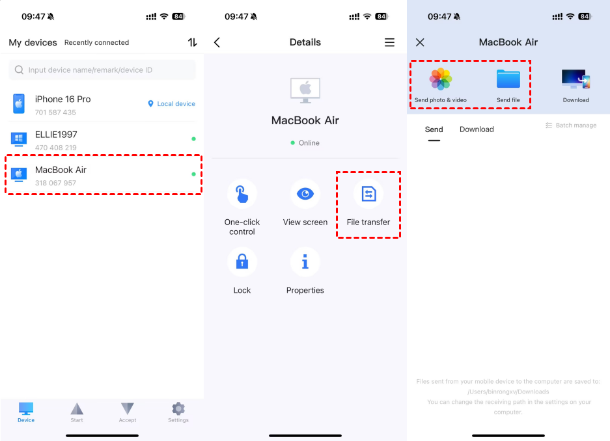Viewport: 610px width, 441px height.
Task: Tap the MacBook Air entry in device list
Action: [x=103, y=175]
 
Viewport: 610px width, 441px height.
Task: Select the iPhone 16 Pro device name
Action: [x=62, y=99]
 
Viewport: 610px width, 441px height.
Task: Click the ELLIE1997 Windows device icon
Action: [x=19, y=139]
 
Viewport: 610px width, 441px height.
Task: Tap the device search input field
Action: [x=102, y=70]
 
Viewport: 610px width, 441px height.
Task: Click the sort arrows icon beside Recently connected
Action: [x=192, y=42]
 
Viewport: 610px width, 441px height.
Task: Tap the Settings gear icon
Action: [x=178, y=408]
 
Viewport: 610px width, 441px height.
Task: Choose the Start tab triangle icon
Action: [x=77, y=408]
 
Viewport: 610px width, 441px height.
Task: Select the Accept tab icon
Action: [x=127, y=408]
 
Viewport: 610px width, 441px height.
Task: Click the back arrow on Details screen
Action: [x=217, y=42]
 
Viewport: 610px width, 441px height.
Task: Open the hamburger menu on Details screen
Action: [x=389, y=42]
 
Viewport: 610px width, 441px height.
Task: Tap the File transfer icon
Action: [x=368, y=193]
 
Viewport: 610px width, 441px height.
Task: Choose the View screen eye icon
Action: [x=305, y=193]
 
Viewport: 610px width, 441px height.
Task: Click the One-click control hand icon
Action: [x=242, y=193]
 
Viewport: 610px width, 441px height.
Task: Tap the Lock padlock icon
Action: [x=242, y=262]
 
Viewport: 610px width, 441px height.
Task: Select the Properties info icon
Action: [x=305, y=262]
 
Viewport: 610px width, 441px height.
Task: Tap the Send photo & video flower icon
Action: [x=440, y=79]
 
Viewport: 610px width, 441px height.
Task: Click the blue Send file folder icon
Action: [x=508, y=79]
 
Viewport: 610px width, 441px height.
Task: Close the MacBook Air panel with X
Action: [x=420, y=42]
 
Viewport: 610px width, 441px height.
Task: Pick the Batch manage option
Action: [x=571, y=125]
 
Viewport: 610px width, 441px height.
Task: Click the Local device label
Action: [x=172, y=103]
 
